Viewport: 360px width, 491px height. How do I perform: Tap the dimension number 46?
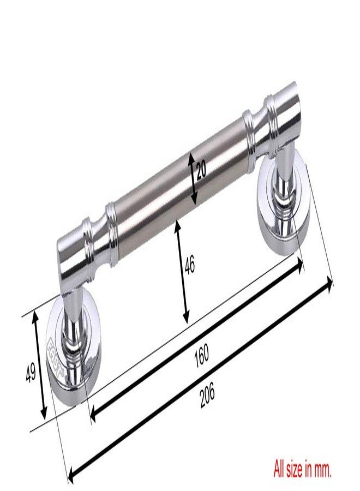coord(189,265)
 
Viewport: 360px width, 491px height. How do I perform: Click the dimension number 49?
coord(31,372)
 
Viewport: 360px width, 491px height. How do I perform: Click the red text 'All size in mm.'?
coord(302,468)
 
